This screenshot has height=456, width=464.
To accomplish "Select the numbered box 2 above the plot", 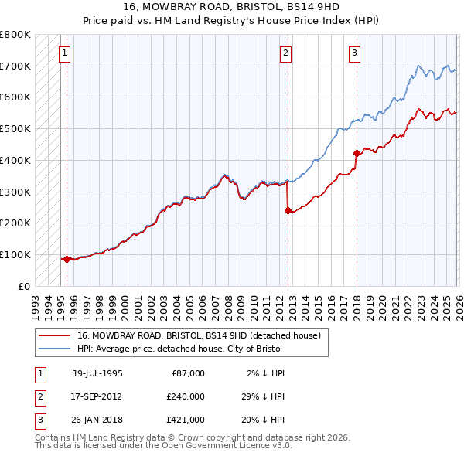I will click(x=286, y=53).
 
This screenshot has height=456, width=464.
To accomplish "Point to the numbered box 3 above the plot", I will click(x=354, y=53).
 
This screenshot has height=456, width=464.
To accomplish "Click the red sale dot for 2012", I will click(x=288, y=209).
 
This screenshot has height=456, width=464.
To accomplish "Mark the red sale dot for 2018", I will click(x=357, y=152).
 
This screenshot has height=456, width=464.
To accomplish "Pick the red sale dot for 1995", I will click(x=67, y=259).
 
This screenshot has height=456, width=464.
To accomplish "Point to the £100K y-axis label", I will click(x=15, y=254).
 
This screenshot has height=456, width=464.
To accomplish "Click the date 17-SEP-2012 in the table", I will click(x=97, y=396).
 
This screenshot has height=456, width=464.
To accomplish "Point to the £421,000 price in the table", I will click(x=186, y=420).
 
